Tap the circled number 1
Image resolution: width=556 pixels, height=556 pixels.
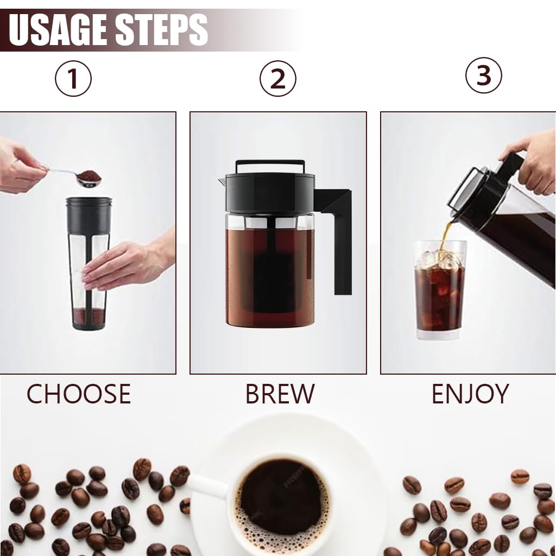[73, 79]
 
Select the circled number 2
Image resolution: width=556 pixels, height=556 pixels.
[277, 79]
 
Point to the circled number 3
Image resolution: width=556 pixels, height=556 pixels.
[483, 75]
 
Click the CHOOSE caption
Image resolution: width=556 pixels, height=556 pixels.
[79, 394]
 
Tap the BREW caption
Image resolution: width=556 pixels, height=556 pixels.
[279, 394]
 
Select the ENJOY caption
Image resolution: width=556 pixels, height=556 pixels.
[470, 394]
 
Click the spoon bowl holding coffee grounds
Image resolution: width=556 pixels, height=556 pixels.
[89, 178]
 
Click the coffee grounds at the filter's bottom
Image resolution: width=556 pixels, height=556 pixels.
[89, 315]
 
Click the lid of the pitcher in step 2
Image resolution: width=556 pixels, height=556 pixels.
[269, 185]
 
